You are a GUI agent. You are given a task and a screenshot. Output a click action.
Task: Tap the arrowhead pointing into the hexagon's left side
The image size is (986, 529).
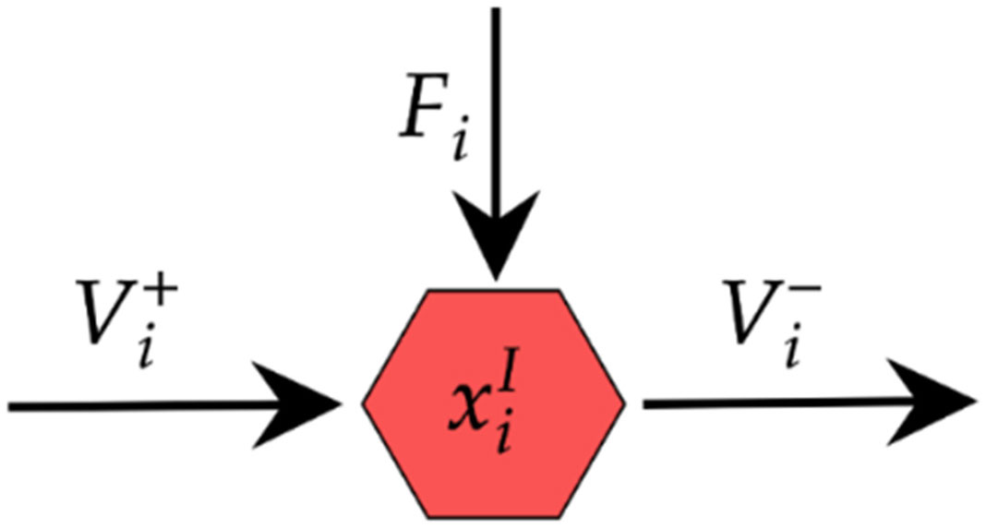pos(306,403)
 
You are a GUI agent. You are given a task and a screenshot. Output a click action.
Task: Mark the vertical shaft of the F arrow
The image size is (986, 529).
pos(496,92)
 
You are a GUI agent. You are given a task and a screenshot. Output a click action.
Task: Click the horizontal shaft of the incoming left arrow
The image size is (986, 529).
pos(138,404)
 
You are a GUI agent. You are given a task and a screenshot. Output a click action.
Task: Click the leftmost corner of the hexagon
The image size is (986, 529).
pos(364,403)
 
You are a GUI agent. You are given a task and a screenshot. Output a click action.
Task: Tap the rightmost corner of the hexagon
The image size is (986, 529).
pos(625,403)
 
